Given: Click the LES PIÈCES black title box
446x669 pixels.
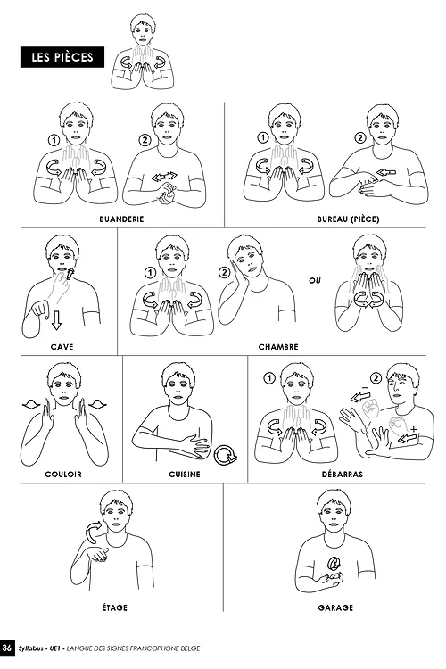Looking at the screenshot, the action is pyautogui.click(x=62, y=57).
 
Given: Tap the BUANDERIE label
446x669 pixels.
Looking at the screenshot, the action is pyautogui.click(x=121, y=219).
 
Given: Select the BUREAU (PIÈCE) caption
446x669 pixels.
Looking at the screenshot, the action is pyautogui.click(x=348, y=219).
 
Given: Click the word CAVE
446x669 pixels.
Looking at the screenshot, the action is pyautogui.click(x=62, y=347).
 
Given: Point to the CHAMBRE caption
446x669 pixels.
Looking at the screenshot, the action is pyautogui.click(x=278, y=347).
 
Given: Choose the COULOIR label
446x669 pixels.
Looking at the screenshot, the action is pyautogui.click(x=63, y=474).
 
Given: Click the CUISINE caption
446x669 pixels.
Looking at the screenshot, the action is pyautogui.click(x=185, y=474).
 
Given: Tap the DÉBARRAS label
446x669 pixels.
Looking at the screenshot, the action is pyautogui.click(x=343, y=474).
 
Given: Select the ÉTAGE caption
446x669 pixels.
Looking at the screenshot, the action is pyautogui.click(x=115, y=607).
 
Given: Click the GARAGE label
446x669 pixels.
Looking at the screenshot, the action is pyautogui.click(x=335, y=607).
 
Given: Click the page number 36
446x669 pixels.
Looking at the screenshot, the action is pyautogui.click(x=7, y=648).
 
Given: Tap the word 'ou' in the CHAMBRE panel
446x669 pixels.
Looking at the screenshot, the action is pyautogui.click(x=315, y=281).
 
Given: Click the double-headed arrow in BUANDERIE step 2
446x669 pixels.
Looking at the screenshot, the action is pyautogui.click(x=165, y=177).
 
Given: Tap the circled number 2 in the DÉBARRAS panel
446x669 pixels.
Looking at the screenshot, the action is pyautogui.click(x=376, y=378).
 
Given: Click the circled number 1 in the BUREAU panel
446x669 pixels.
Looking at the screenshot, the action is pyautogui.click(x=263, y=137).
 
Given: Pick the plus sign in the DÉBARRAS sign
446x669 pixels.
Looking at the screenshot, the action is pyautogui.click(x=413, y=428).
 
